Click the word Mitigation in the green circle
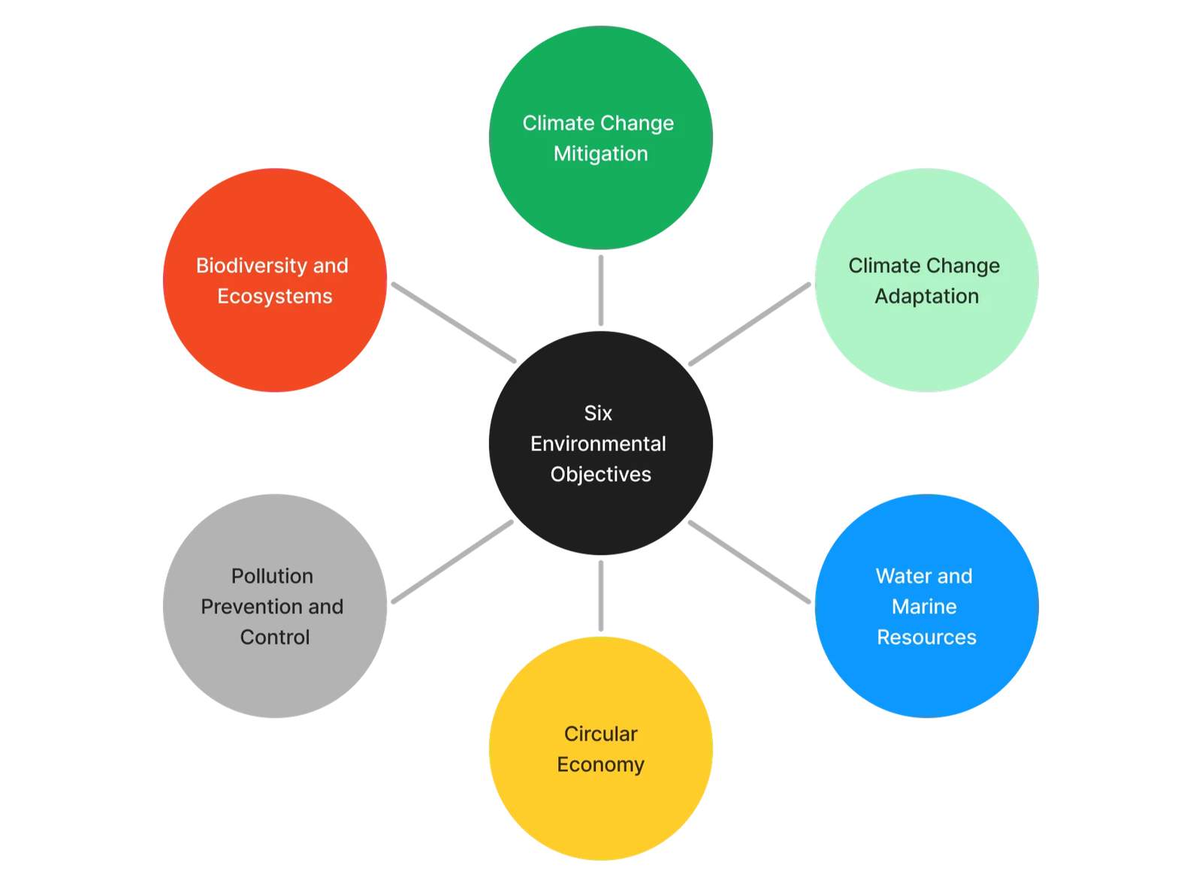pyautogui.click(x=600, y=154)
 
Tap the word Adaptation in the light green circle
pyautogui.click(x=926, y=297)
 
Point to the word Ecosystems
pyautogui.click(x=275, y=297)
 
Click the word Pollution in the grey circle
pyautogui.click(x=272, y=576)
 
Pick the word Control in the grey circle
pyautogui.click(x=275, y=637)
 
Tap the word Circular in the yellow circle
pyautogui.click(x=600, y=734)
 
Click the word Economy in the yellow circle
pyautogui.click(x=600, y=764)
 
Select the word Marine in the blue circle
pyautogui.click(x=924, y=607)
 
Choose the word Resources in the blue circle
pyautogui.click(x=926, y=637)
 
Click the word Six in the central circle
pyautogui.click(x=598, y=413)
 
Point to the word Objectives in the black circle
pyautogui.click(x=600, y=475)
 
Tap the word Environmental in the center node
pyautogui.click(x=598, y=444)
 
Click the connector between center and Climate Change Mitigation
pyautogui.click(x=601, y=291)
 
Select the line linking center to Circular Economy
pyautogui.click(x=601, y=595)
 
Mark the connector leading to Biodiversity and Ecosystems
pyautogui.click(x=454, y=322)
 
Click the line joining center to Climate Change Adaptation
pyautogui.click(x=750, y=324)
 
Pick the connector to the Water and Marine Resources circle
pyautogui.click(x=749, y=562)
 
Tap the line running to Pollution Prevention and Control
pyautogui.click(x=453, y=561)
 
